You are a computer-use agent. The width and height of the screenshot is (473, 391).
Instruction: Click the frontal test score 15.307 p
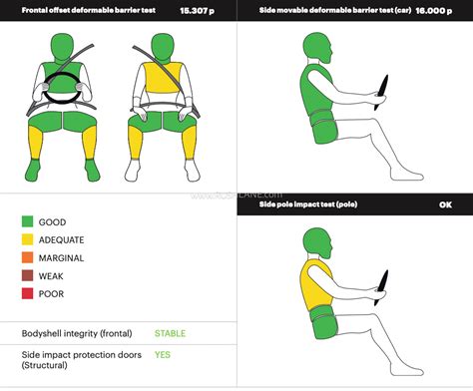point(197,11)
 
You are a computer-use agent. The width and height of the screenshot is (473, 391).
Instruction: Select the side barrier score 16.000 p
point(434,11)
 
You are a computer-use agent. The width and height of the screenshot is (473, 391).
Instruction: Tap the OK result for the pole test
point(445,204)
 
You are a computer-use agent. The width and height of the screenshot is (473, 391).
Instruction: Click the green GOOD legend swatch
point(27,221)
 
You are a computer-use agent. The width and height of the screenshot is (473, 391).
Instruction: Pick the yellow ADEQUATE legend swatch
point(27,239)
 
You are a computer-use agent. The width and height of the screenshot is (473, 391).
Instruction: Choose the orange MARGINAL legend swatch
point(27,257)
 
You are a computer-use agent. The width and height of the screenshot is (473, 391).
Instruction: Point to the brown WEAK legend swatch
point(27,275)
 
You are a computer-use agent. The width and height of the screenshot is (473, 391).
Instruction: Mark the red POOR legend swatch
point(27,293)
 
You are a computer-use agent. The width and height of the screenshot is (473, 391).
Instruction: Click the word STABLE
point(170,333)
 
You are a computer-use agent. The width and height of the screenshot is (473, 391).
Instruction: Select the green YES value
point(163,355)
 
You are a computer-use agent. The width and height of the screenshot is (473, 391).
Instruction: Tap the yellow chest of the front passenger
point(164,77)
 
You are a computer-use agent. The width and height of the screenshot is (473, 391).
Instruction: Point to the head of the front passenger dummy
point(163,47)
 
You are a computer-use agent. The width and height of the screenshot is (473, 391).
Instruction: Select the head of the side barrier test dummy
point(317,47)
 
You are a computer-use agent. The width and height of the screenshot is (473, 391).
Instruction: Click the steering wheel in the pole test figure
point(381,288)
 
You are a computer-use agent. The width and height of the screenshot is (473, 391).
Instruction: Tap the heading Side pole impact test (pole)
point(308,204)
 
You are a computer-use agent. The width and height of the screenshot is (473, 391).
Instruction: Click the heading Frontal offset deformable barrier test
point(89,10)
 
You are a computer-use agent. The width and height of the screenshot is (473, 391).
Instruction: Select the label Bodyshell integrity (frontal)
point(77,333)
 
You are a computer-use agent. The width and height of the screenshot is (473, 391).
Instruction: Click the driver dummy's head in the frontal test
point(62,47)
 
